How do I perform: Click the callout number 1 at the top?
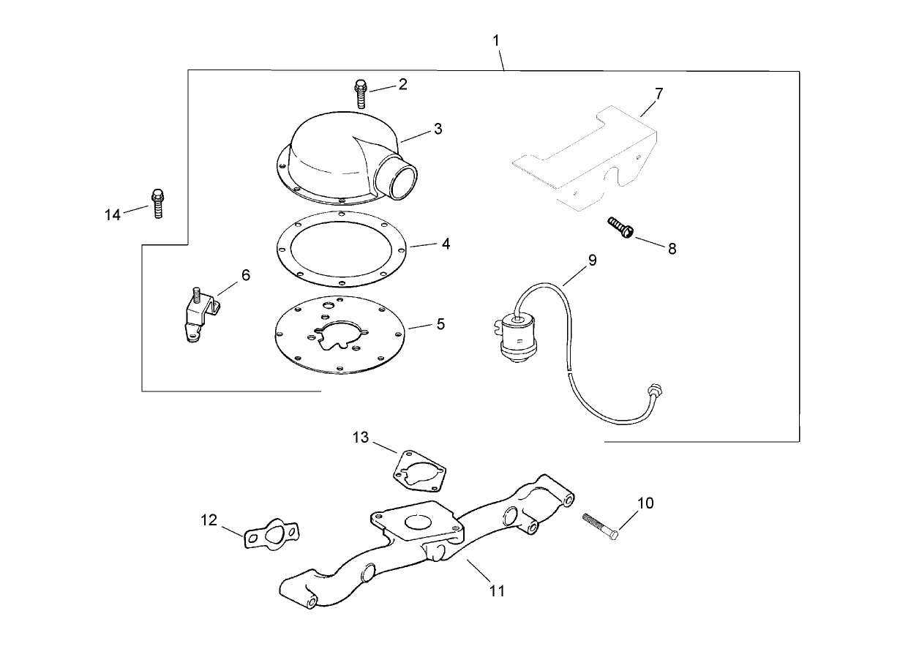point(497,40)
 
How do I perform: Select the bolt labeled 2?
point(361,93)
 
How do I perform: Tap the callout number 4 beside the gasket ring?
point(445,244)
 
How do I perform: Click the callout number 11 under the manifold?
point(497,590)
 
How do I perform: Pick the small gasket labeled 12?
point(271,534)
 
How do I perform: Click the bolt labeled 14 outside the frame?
point(157,203)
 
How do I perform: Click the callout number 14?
point(112,214)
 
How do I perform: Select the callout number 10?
point(645,503)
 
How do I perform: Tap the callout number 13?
point(361,438)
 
